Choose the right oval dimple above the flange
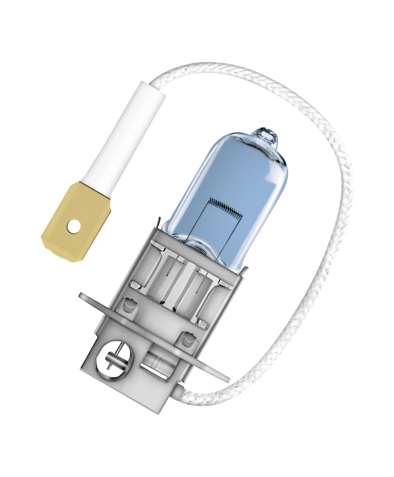tap(187, 339)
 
